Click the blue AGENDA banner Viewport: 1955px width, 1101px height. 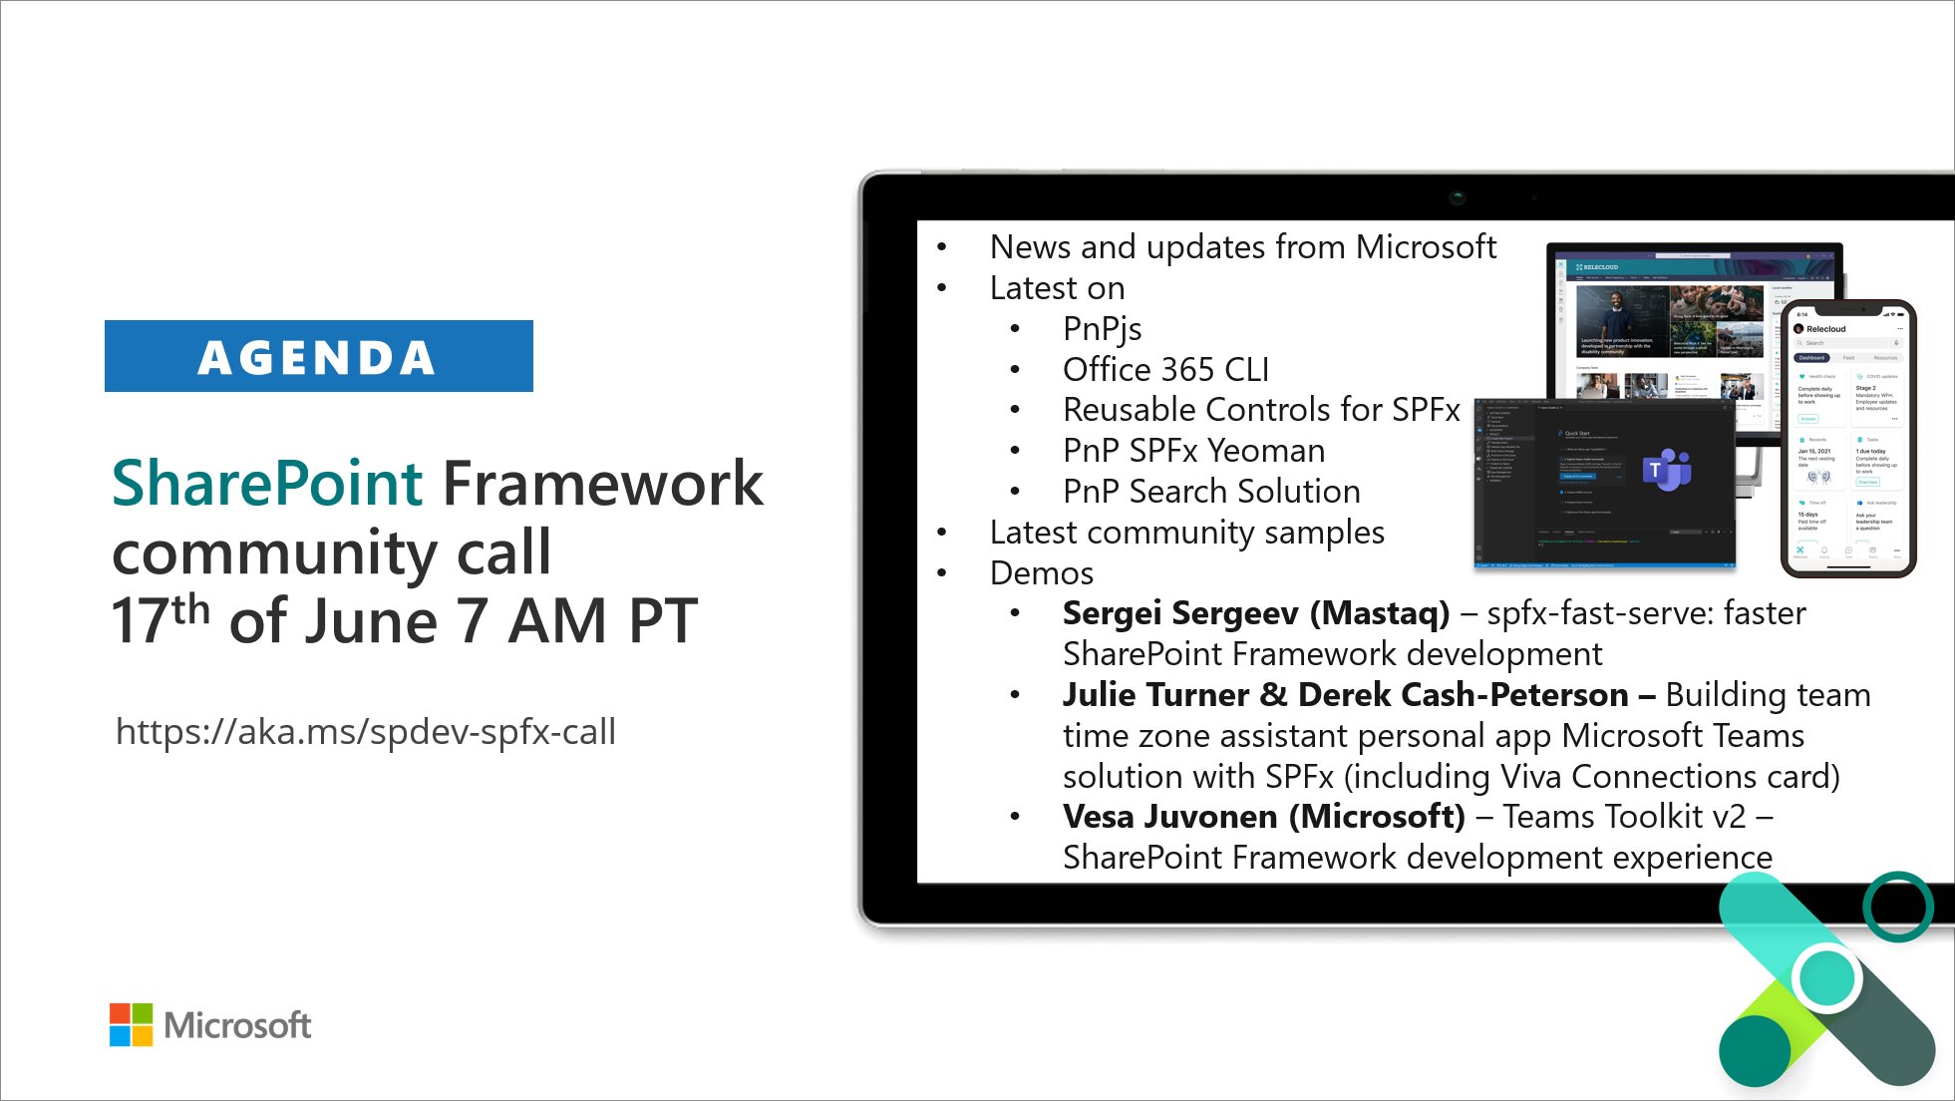pos(318,356)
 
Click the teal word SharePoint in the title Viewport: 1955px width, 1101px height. pos(267,484)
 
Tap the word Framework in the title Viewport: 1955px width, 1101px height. pos(602,484)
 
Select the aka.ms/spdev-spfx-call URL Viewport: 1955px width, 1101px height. pos(365,732)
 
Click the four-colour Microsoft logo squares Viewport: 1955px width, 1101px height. pos(131,1024)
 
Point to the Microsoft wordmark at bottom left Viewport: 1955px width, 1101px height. pos(237,1025)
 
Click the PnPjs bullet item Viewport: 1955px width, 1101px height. pos(1102,329)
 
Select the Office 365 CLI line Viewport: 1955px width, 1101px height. pos(1164,370)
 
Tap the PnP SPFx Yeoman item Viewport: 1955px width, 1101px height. pos(1192,451)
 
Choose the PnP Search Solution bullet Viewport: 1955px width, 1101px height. pos(1210,492)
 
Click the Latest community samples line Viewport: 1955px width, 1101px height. pos(1186,533)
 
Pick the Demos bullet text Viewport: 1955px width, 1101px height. pos(1041,573)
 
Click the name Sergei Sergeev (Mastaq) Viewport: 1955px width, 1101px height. pos(1255,613)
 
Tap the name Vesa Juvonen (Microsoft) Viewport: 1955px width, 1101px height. pos(1263,817)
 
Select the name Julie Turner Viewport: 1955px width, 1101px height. pos(1154,695)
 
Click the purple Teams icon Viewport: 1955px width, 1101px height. pos(1666,469)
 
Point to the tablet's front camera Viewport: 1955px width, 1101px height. pos(1458,196)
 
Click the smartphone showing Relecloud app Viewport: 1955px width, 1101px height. pos(1847,439)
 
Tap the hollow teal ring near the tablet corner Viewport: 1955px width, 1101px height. pos(1898,907)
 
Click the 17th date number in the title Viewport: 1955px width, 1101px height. pos(160,620)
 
